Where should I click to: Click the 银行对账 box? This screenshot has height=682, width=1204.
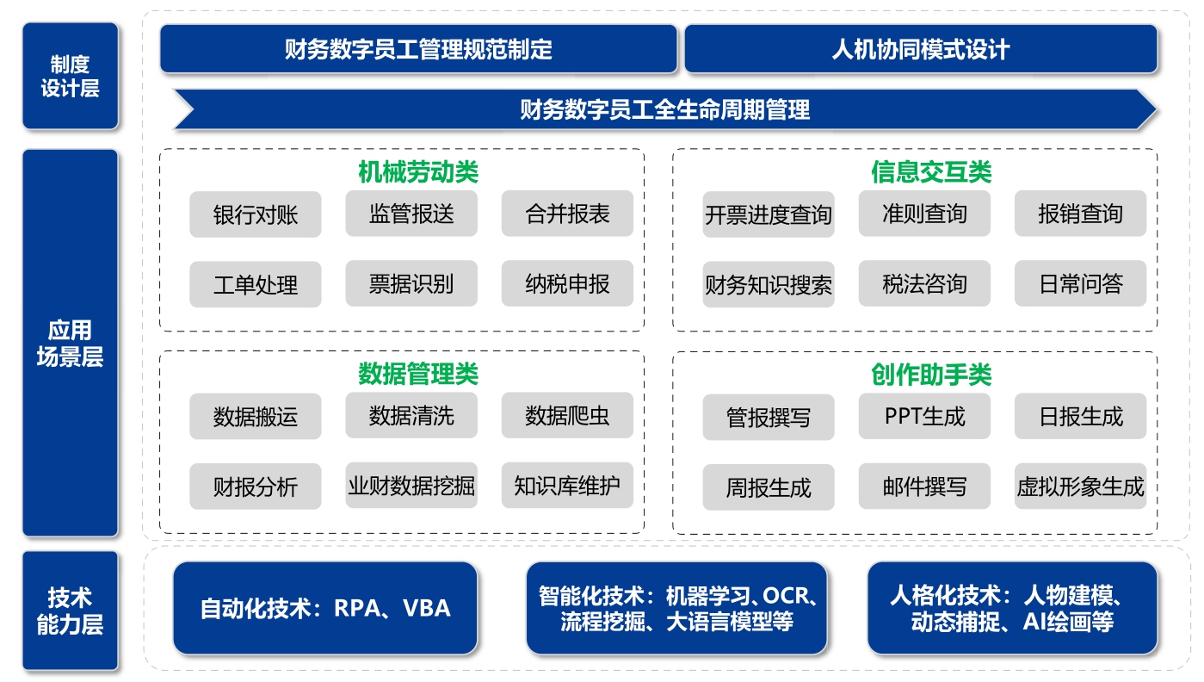tap(256, 214)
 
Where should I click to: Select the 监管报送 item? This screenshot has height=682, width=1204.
tap(411, 214)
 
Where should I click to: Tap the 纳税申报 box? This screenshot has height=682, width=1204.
tap(567, 283)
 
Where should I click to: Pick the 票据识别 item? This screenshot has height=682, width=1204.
tap(411, 283)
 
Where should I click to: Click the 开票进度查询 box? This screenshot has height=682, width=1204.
tap(768, 214)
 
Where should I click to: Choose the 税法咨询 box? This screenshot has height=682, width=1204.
tap(924, 283)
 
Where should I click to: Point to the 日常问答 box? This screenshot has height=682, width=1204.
tap(1080, 283)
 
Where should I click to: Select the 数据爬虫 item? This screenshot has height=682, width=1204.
tap(567, 415)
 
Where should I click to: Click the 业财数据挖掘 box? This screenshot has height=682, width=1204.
tap(411, 485)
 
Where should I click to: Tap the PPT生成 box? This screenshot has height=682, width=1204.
tap(924, 416)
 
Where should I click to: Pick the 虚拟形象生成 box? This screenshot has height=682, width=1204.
tap(1080, 487)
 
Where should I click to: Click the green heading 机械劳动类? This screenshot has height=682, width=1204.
tap(418, 172)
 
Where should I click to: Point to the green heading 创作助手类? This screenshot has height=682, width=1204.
tap(931, 375)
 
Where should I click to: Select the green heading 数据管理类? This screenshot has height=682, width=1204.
tap(418, 374)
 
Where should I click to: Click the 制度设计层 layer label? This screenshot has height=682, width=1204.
tap(71, 76)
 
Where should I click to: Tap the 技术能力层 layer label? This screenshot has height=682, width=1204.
tap(71, 611)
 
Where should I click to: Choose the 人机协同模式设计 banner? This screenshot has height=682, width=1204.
tap(921, 49)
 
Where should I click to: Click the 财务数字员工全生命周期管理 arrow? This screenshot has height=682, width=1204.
tap(664, 109)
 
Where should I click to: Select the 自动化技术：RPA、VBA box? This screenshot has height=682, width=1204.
tap(325, 608)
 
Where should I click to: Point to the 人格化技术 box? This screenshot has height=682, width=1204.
tap(1013, 608)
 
